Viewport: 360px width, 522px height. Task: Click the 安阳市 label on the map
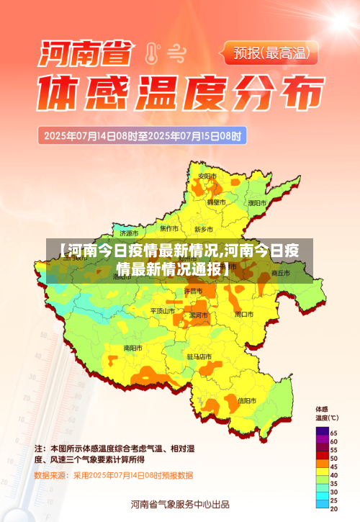pyautogui.click(x=207, y=176)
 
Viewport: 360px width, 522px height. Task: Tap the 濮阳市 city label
pyautogui.click(x=256, y=203)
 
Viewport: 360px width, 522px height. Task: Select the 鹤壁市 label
pyautogui.click(x=216, y=202)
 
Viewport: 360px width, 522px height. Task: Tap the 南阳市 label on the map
pyautogui.click(x=133, y=348)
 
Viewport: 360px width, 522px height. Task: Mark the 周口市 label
pyautogui.click(x=243, y=315)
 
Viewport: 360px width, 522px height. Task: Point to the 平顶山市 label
pyautogui.click(x=162, y=311)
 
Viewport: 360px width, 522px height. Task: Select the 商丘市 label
pyautogui.click(x=280, y=274)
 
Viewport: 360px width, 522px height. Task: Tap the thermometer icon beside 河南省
pyautogui.click(x=152, y=53)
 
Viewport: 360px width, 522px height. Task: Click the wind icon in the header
pyautogui.click(x=175, y=52)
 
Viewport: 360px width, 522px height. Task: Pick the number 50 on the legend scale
pyautogui.click(x=334, y=458)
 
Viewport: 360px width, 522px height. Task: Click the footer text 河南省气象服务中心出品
pyautogui.click(x=180, y=503)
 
